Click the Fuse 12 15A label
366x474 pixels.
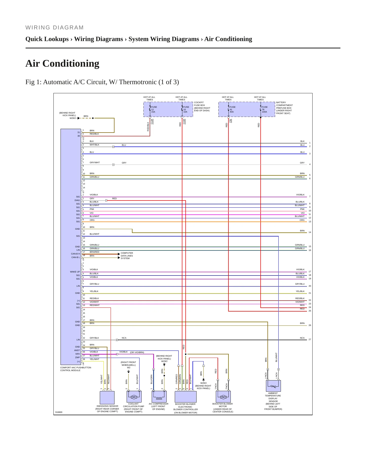tap(154, 109)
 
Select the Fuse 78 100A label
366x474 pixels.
tap(265, 109)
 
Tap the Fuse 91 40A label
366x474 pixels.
tap(233, 109)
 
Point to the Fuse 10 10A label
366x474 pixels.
tap(186, 109)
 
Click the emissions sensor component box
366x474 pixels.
tap(107, 397)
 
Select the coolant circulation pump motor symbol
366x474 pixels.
tap(134, 397)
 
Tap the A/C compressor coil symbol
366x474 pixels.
tap(159, 397)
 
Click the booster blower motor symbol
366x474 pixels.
tap(223, 397)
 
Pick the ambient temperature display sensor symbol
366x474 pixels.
tap(273, 386)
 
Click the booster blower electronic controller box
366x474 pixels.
tap(186, 397)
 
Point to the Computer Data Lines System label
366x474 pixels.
tap(127, 256)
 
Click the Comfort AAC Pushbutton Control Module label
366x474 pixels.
tap(76, 369)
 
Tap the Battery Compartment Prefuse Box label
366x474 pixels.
tap(284, 108)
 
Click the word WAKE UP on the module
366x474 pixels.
tap(75, 272)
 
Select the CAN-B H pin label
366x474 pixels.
tap(75, 254)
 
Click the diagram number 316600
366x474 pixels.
tap(59, 412)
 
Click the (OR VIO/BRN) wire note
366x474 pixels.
tap(137, 352)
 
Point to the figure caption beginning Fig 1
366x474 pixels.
tap(102, 82)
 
